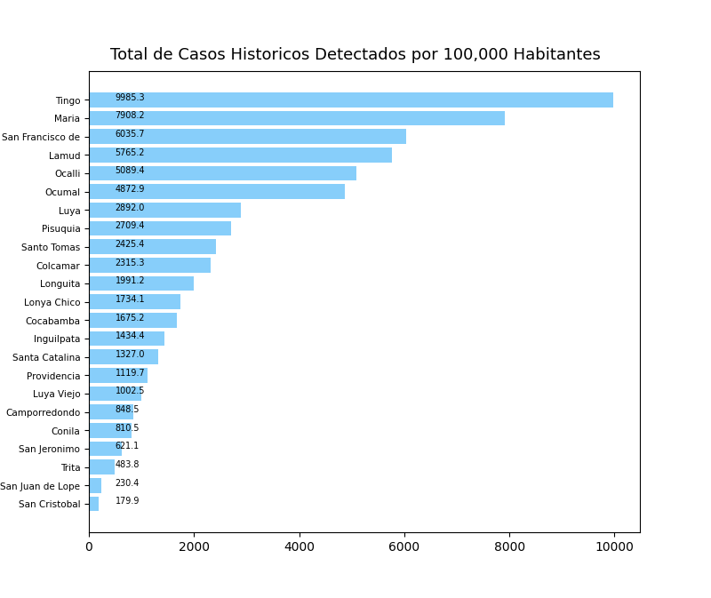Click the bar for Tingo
[x=350, y=100]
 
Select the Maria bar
[x=296, y=118]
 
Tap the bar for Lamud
[x=240, y=155]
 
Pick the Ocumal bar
[x=216, y=192]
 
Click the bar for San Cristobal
[x=93, y=504]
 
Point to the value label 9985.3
[x=130, y=98]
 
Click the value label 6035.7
[x=130, y=134]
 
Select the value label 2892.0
[x=130, y=208]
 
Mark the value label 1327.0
[x=130, y=355]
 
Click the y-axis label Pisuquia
[x=60, y=229]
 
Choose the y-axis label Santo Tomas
[x=51, y=248]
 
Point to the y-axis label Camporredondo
[x=43, y=412]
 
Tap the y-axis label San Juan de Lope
[x=40, y=486]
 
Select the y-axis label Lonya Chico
[x=52, y=302]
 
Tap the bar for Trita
[x=101, y=467]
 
